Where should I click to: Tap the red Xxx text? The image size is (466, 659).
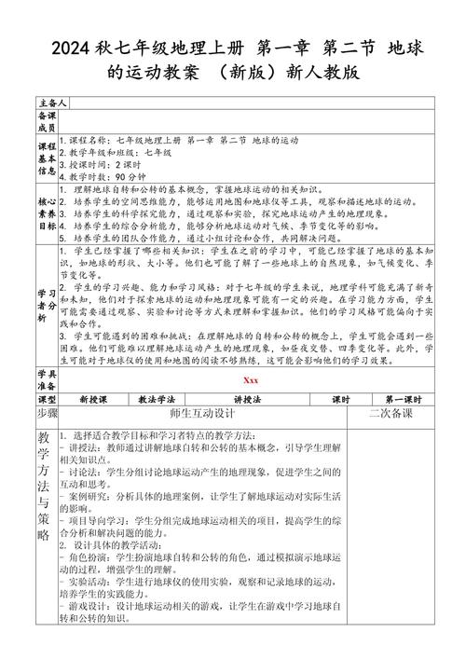tap(250, 379)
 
